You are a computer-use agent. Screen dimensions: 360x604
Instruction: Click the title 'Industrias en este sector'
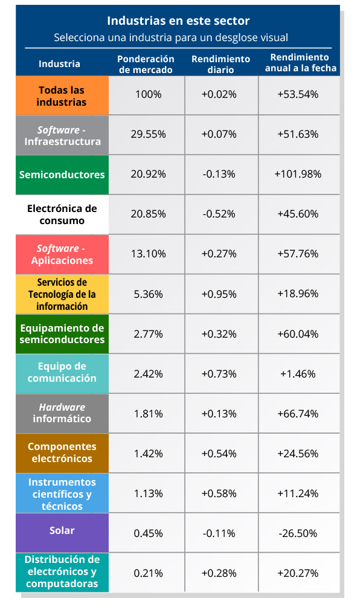tap(178, 21)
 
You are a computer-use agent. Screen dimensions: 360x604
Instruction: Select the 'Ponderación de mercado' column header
tap(146, 65)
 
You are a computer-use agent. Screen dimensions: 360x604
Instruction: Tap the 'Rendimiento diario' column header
tap(220, 65)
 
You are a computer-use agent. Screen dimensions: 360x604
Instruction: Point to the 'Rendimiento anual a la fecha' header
tap(300, 63)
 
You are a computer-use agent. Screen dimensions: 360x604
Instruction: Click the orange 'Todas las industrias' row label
tap(62, 95)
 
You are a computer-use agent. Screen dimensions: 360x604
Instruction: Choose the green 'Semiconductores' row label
tap(62, 175)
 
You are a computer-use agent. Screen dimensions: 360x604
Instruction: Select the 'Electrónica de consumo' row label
tap(62, 214)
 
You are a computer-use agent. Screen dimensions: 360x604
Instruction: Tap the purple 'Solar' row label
tap(62, 533)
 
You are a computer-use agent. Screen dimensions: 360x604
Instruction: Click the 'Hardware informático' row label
tap(62, 413)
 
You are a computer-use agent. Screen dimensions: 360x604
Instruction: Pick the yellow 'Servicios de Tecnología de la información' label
tap(62, 294)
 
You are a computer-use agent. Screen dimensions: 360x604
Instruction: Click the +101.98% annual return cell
tap(298, 174)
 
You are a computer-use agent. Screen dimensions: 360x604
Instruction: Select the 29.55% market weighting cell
tap(148, 134)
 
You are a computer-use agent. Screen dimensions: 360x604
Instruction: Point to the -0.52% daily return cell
tap(219, 214)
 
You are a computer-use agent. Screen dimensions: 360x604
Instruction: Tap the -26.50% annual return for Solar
tap(298, 533)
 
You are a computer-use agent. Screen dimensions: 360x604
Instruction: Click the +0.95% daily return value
tap(219, 294)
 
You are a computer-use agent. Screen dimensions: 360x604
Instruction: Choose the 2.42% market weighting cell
tap(148, 374)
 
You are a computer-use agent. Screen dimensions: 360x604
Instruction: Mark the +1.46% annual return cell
tap(298, 374)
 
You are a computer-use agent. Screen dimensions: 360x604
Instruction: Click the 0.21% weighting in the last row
tap(148, 573)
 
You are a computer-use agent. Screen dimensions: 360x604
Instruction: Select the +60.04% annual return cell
tap(298, 334)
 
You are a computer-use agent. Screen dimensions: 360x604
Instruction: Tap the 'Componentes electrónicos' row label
tap(62, 453)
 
